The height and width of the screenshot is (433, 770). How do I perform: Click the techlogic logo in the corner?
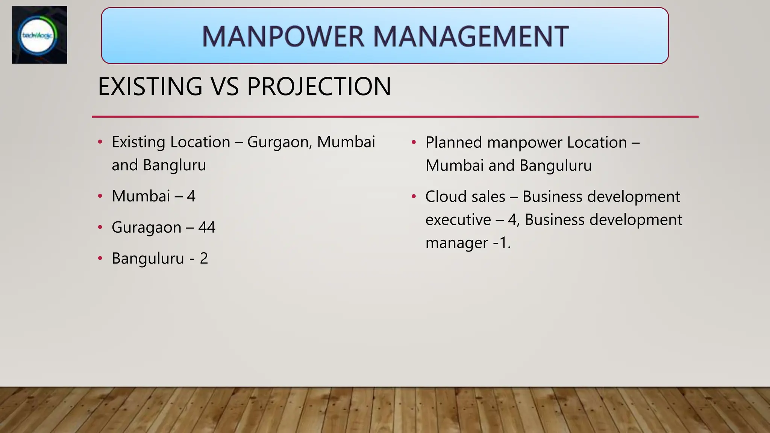[x=39, y=35]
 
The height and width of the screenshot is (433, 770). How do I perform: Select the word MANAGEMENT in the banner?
[x=471, y=36]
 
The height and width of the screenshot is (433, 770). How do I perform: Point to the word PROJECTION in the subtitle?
[x=319, y=86]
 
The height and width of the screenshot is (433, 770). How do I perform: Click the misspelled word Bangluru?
[x=174, y=165]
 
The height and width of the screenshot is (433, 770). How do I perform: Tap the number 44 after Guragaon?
[x=207, y=227]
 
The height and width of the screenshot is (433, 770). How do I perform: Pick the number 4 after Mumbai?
[x=191, y=196]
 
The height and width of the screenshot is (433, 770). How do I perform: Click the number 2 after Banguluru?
[x=204, y=259]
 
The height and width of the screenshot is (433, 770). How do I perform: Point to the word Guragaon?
[x=146, y=228]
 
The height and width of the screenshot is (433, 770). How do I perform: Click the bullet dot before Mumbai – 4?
[x=100, y=196]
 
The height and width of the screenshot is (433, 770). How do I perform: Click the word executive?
[x=458, y=220]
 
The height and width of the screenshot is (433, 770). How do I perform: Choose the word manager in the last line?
[x=456, y=243]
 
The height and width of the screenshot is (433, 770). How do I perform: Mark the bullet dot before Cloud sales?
[x=414, y=197]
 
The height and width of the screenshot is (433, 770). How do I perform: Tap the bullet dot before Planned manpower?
[x=414, y=142]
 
